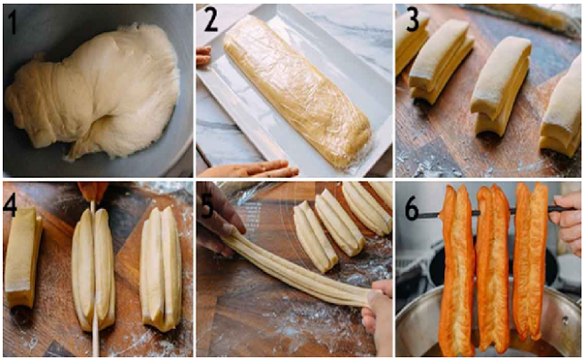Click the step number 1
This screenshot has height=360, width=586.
[x=12, y=21]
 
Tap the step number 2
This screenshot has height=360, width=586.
[x=212, y=20]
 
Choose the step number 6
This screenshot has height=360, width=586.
[x=411, y=210]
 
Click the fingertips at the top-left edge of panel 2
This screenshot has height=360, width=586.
[x=203, y=55]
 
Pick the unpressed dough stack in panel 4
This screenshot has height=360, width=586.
[x=22, y=258]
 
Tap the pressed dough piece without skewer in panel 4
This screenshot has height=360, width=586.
[x=161, y=268]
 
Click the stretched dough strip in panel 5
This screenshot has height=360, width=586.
[x=295, y=268]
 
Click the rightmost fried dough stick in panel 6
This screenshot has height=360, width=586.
[x=531, y=262]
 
